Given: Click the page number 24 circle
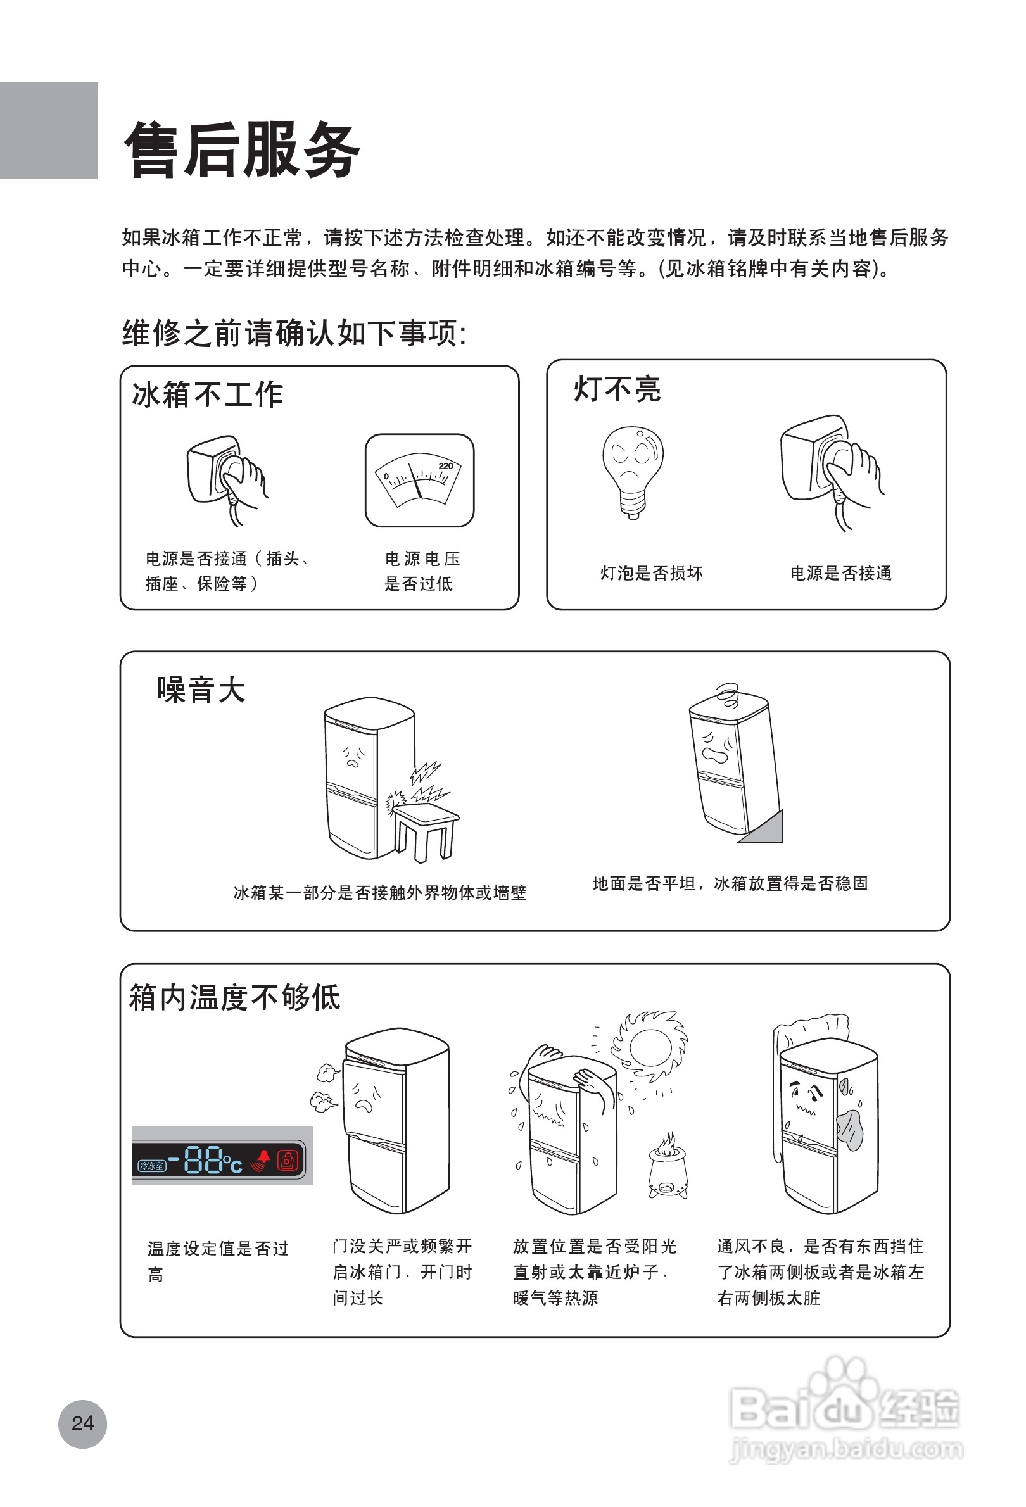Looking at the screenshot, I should [82, 1423].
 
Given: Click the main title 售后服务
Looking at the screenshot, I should [242, 150].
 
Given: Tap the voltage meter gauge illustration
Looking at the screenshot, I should [420, 481].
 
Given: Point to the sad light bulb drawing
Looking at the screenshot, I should [632, 470].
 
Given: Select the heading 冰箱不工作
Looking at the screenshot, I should [208, 394].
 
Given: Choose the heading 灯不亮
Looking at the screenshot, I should [617, 389].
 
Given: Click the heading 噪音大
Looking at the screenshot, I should [201, 690].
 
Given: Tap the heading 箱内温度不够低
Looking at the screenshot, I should [235, 997].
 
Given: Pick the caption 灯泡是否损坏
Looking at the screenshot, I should [652, 573].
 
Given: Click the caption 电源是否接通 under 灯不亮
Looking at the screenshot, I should [841, 573].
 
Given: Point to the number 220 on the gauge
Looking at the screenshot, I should [446, 465].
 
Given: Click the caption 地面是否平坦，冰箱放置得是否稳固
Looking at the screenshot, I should [730, 883].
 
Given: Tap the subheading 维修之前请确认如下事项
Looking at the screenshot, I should [294, 334].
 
